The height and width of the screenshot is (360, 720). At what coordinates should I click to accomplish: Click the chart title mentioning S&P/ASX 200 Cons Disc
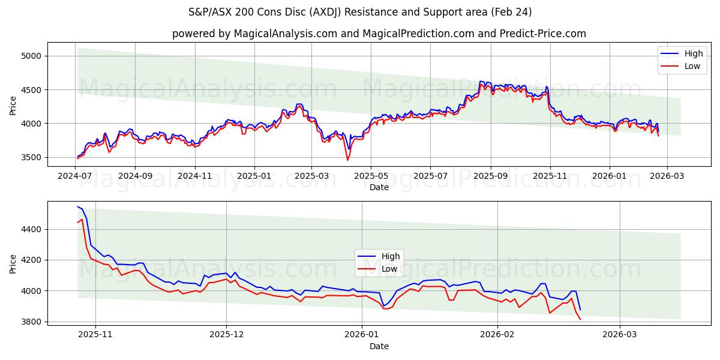pos(360,12)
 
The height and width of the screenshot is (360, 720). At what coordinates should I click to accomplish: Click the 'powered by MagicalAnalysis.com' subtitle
pos(379,34)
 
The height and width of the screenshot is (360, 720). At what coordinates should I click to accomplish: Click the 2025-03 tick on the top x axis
pos(311,176)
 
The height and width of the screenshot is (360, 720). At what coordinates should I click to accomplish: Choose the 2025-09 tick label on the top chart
pos(491,176)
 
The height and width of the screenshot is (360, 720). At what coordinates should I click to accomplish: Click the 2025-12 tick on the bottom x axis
pos(226,335)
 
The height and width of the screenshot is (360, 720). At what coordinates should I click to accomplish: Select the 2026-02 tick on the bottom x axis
pos(498,335)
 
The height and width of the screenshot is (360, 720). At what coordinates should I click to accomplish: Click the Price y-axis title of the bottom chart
pos(13,263)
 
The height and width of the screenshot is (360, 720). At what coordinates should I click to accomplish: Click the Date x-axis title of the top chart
pos(379,187)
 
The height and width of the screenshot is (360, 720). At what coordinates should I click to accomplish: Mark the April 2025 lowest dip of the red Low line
pos(347,160)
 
